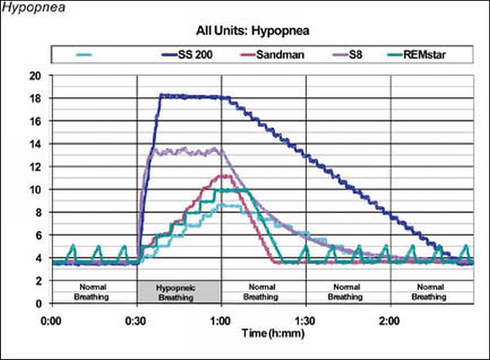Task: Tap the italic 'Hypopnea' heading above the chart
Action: (28, 8)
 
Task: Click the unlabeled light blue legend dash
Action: (84, 55)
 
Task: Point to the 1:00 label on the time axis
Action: (221, 320)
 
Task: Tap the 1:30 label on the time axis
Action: (306, 320)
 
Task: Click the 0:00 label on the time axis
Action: (52, 320)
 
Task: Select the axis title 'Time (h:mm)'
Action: (273, 333)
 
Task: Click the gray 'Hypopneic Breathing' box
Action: (179, 292)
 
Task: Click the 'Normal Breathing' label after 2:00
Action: (432, 292)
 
